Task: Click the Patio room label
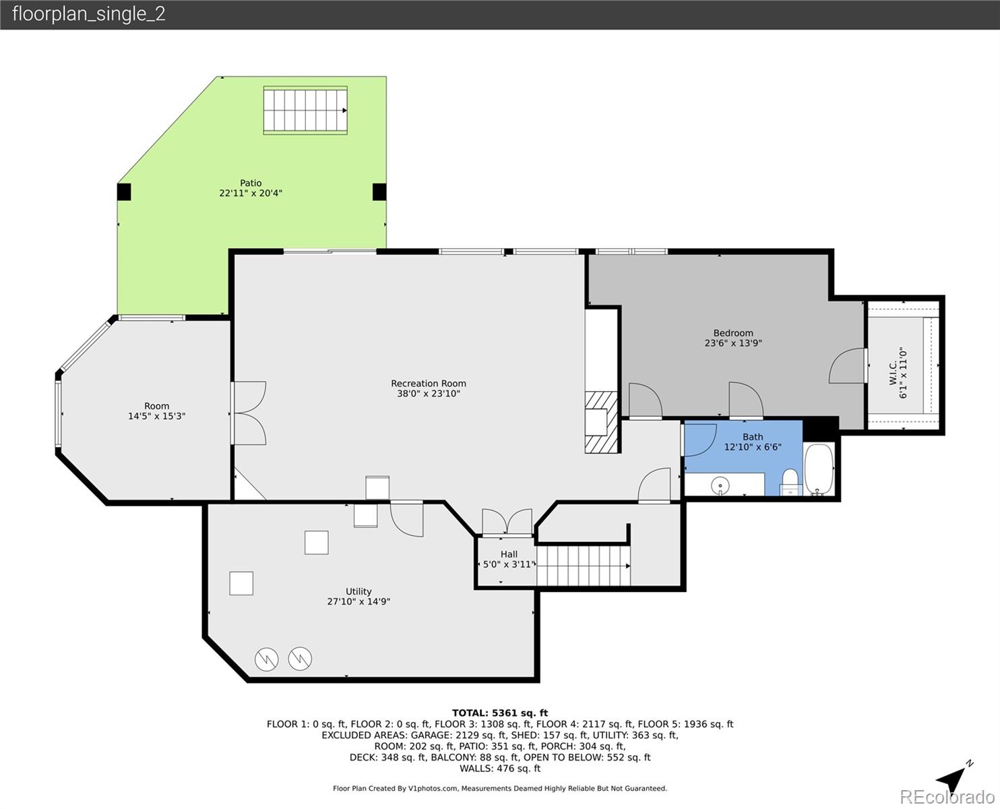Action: (x=251, y=183)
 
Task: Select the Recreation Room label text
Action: (x=429, y=384)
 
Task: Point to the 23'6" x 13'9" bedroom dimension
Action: (x=733, y=343)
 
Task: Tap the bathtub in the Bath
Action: (x=819, y=469)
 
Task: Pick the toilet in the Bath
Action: (x=790, y=483)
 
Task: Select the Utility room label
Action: (x=358, y=591)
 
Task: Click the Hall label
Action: (x=509, y=554)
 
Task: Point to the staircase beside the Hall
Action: (x=584, y=566)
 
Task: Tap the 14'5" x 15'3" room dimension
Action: (x=156, y=417)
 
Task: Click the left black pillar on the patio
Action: (x=124, y=192)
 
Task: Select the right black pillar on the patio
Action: (x=379, y=192)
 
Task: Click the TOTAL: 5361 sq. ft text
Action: (x=499, y=713)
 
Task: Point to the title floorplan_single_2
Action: (x=88, y=14)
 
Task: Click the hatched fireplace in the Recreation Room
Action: (x=601, y=421)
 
